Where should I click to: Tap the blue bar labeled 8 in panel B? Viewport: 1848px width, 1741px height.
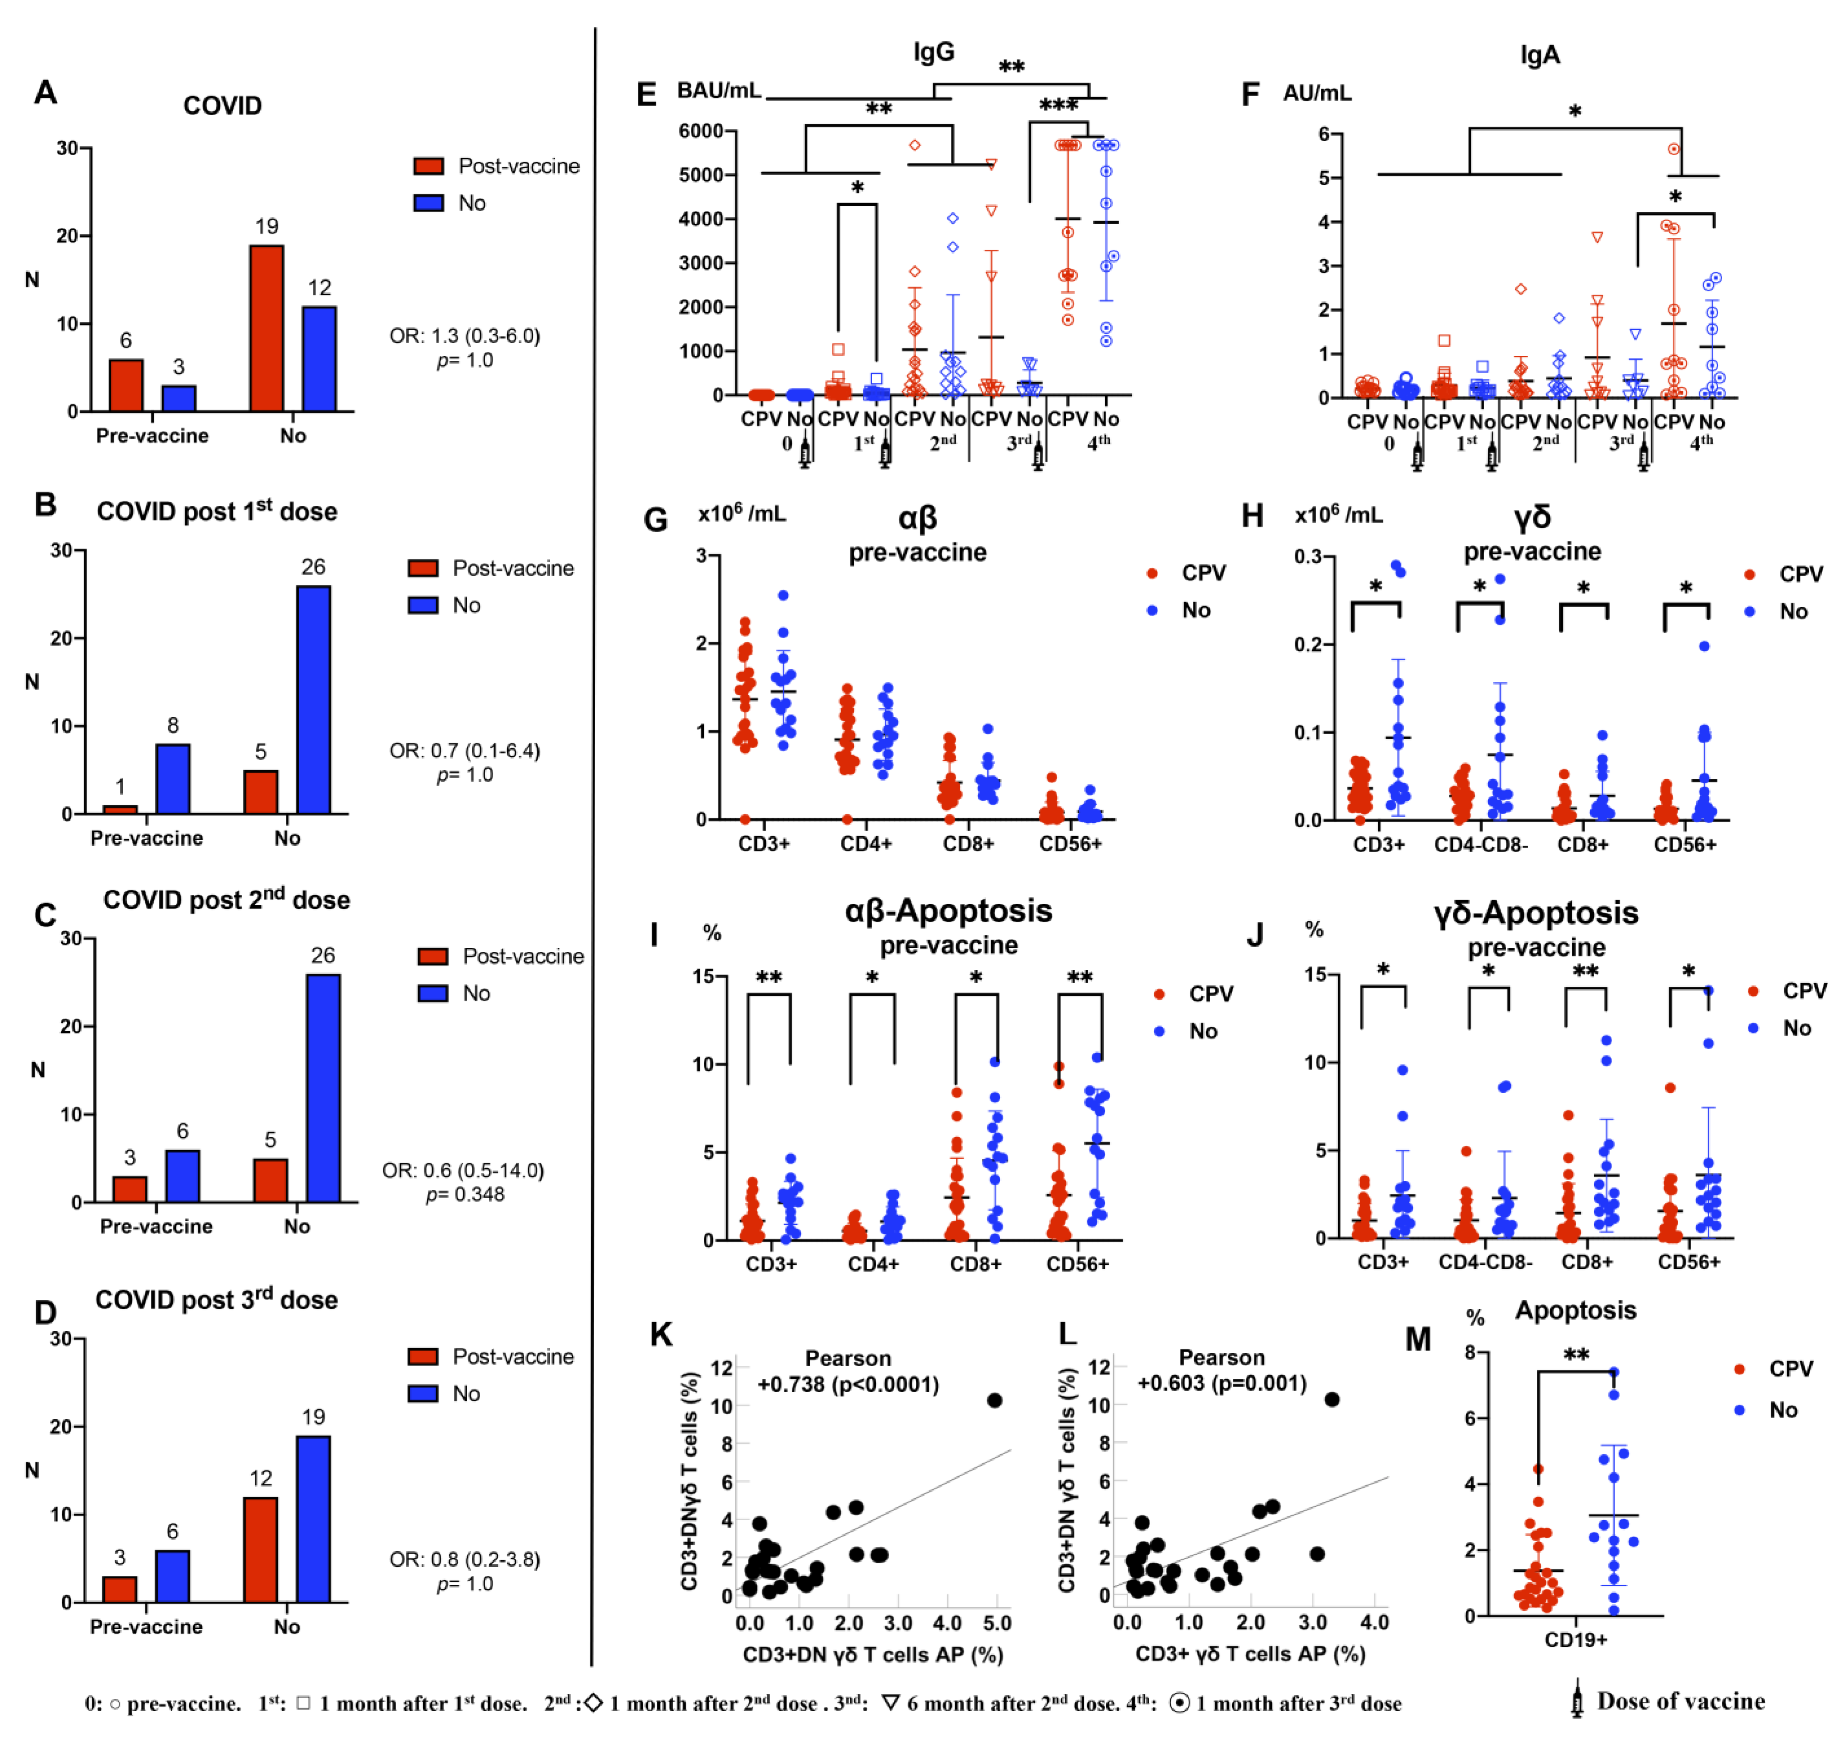[x=173, y=779]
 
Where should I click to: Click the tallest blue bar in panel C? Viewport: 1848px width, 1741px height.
[x=324, y=1088]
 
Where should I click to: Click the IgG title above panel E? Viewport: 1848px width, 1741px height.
[x=933, y=52]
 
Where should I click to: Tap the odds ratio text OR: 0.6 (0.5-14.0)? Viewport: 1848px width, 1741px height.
[x=463, y=1170]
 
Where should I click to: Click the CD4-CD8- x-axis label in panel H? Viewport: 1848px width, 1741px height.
[x=1481, y=844]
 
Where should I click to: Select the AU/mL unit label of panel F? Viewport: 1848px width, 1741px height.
[x=1317, y=93]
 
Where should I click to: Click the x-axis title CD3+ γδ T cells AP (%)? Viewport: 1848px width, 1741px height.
[x=1250, y=1653]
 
